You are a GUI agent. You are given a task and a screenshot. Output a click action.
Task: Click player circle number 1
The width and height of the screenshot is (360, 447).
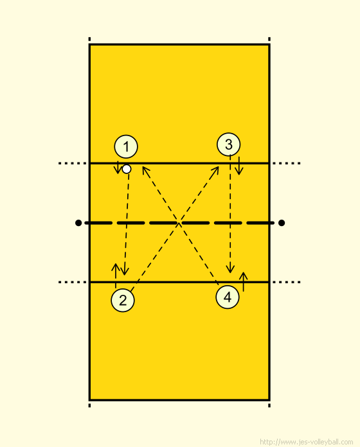click(x=126, y=146)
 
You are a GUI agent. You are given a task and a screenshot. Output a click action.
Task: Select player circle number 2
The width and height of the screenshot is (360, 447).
click(x=123, y=300)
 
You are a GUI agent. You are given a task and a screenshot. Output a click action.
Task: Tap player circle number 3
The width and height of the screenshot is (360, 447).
click(x=228, y=145)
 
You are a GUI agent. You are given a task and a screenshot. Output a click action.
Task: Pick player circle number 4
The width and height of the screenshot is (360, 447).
click(x=228, y=297)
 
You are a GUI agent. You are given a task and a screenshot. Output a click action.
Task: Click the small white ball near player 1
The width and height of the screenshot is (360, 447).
click(x=127, y=169)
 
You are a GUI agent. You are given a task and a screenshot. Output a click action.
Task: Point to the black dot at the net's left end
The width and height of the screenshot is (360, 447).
click(x=78, y=223)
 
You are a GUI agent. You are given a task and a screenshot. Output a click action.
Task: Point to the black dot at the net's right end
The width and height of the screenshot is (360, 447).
click(x=282, y=223)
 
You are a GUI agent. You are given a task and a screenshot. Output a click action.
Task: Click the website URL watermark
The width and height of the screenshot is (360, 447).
click(x=306, y=442)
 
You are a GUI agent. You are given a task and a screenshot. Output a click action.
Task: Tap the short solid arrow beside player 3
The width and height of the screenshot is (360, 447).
click(x=239, y=166)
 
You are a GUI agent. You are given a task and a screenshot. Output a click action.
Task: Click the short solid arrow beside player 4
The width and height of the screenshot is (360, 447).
click(x=244, y=282)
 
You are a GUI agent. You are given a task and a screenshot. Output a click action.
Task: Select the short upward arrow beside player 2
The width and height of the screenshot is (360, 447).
click(x=116, y=276)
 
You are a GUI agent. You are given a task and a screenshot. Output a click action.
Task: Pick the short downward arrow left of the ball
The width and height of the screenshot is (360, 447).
click(x=118, y=168)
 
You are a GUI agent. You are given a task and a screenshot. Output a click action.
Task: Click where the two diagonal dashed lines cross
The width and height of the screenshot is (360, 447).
click(x=179, y=223)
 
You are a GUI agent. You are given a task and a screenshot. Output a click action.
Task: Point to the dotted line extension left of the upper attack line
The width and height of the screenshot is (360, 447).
click(x=73, y=163)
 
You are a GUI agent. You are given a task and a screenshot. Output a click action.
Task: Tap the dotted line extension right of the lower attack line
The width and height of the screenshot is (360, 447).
click(x=287, y=282)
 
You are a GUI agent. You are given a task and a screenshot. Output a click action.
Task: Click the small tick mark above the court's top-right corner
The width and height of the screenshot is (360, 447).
click(x=269, y=39)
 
